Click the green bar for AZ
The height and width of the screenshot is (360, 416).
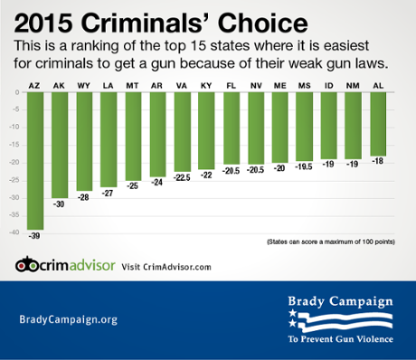[x=35, y=163]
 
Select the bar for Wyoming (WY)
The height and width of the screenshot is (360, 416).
[x=84, y=144]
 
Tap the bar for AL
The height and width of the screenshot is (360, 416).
[x=376, y=127]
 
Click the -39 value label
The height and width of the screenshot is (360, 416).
[x=35, y=236]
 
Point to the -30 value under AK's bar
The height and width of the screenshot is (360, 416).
[x=60, y=204]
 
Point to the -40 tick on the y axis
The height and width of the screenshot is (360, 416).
[x=12, y=232]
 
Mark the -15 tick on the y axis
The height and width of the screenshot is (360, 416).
[x=12, y=145]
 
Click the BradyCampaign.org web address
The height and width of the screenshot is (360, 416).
[x=68, y=319]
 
